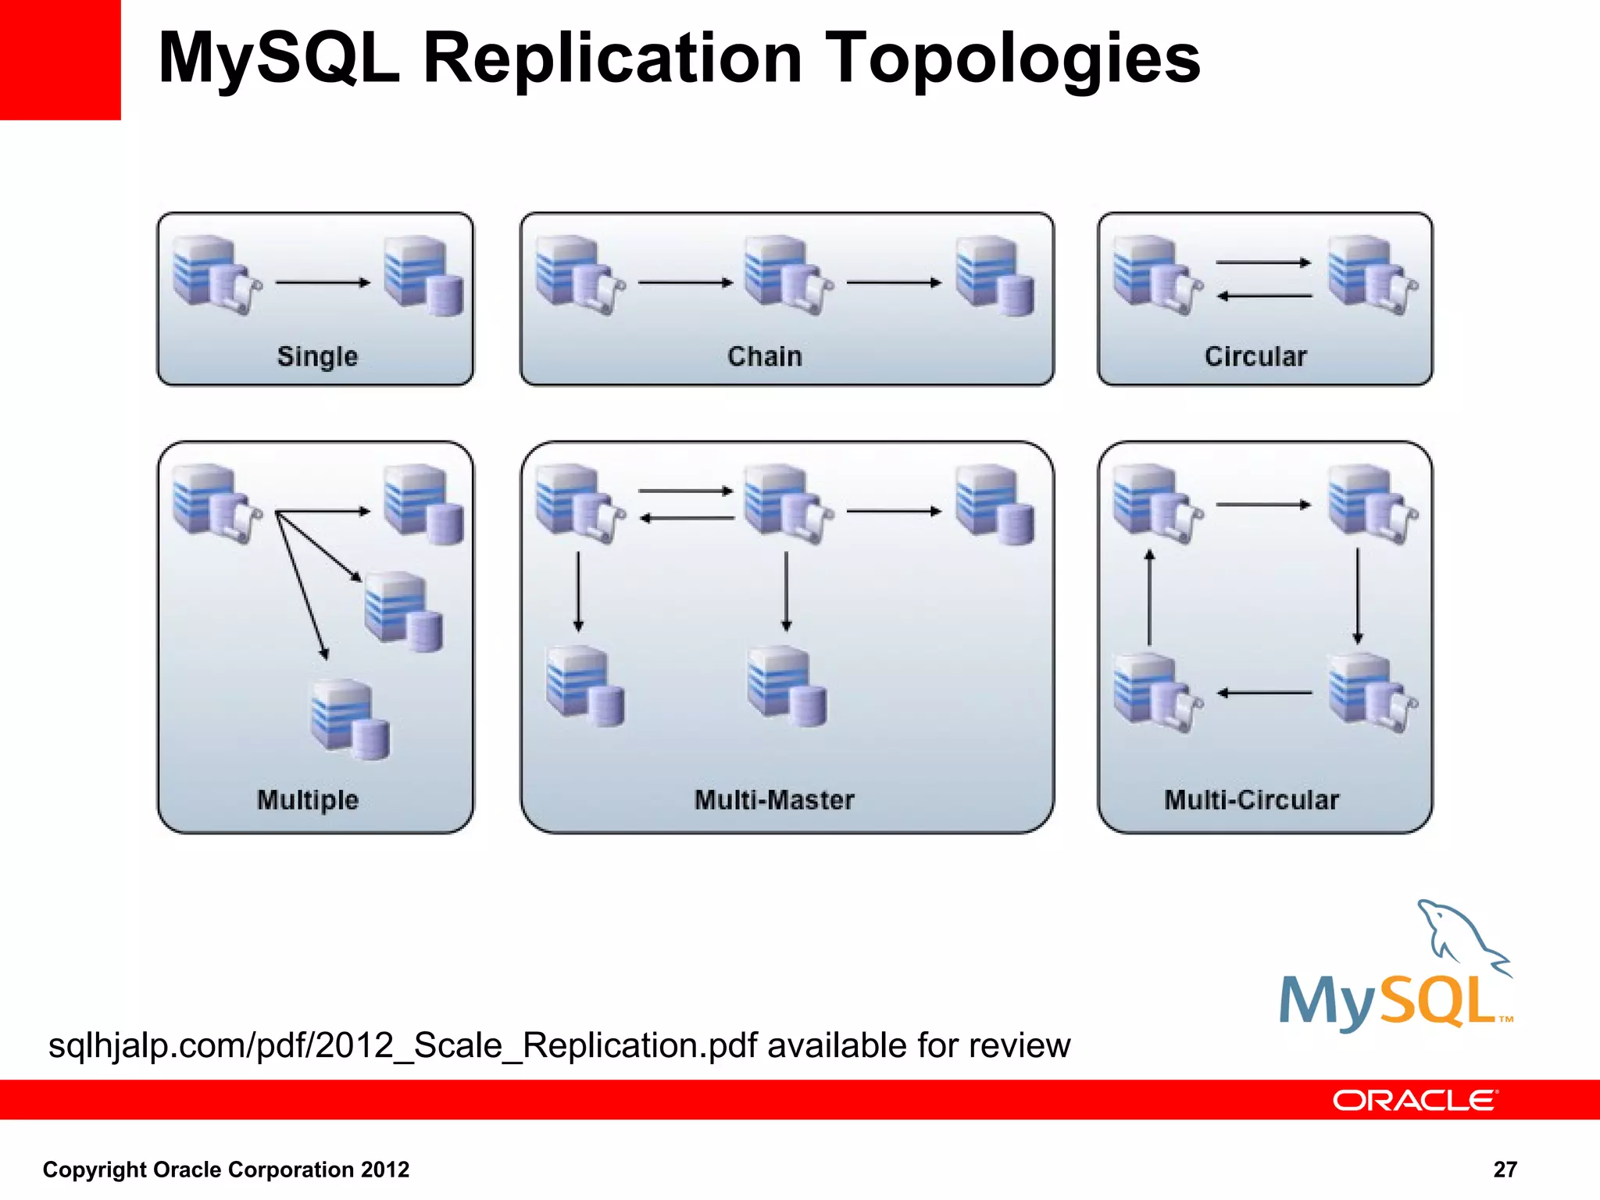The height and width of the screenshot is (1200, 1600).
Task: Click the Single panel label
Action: click(317, 356)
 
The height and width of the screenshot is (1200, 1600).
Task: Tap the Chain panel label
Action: click(764, 356)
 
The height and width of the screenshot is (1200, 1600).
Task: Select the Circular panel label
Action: click(1255, 356)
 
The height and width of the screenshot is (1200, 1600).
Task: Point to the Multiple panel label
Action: click(308, 800)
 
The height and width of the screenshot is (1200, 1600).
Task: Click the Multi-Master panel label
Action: click(774, 800)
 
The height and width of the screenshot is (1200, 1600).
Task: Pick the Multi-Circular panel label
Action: click(1252, 800)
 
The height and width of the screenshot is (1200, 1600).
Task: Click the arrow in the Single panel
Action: click(323, 283)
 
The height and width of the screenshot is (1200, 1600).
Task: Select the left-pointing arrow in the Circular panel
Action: click(1265, 296)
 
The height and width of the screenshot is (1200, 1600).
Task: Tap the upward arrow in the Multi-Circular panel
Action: click(1149, 598)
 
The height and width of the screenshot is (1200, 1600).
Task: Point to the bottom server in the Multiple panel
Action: click(349, 719)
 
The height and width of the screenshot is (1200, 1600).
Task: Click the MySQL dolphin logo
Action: click(1395, 969)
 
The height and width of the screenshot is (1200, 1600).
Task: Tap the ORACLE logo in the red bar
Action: click(1415, 1101)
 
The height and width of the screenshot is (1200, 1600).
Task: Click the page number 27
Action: click(1505, 1170)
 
